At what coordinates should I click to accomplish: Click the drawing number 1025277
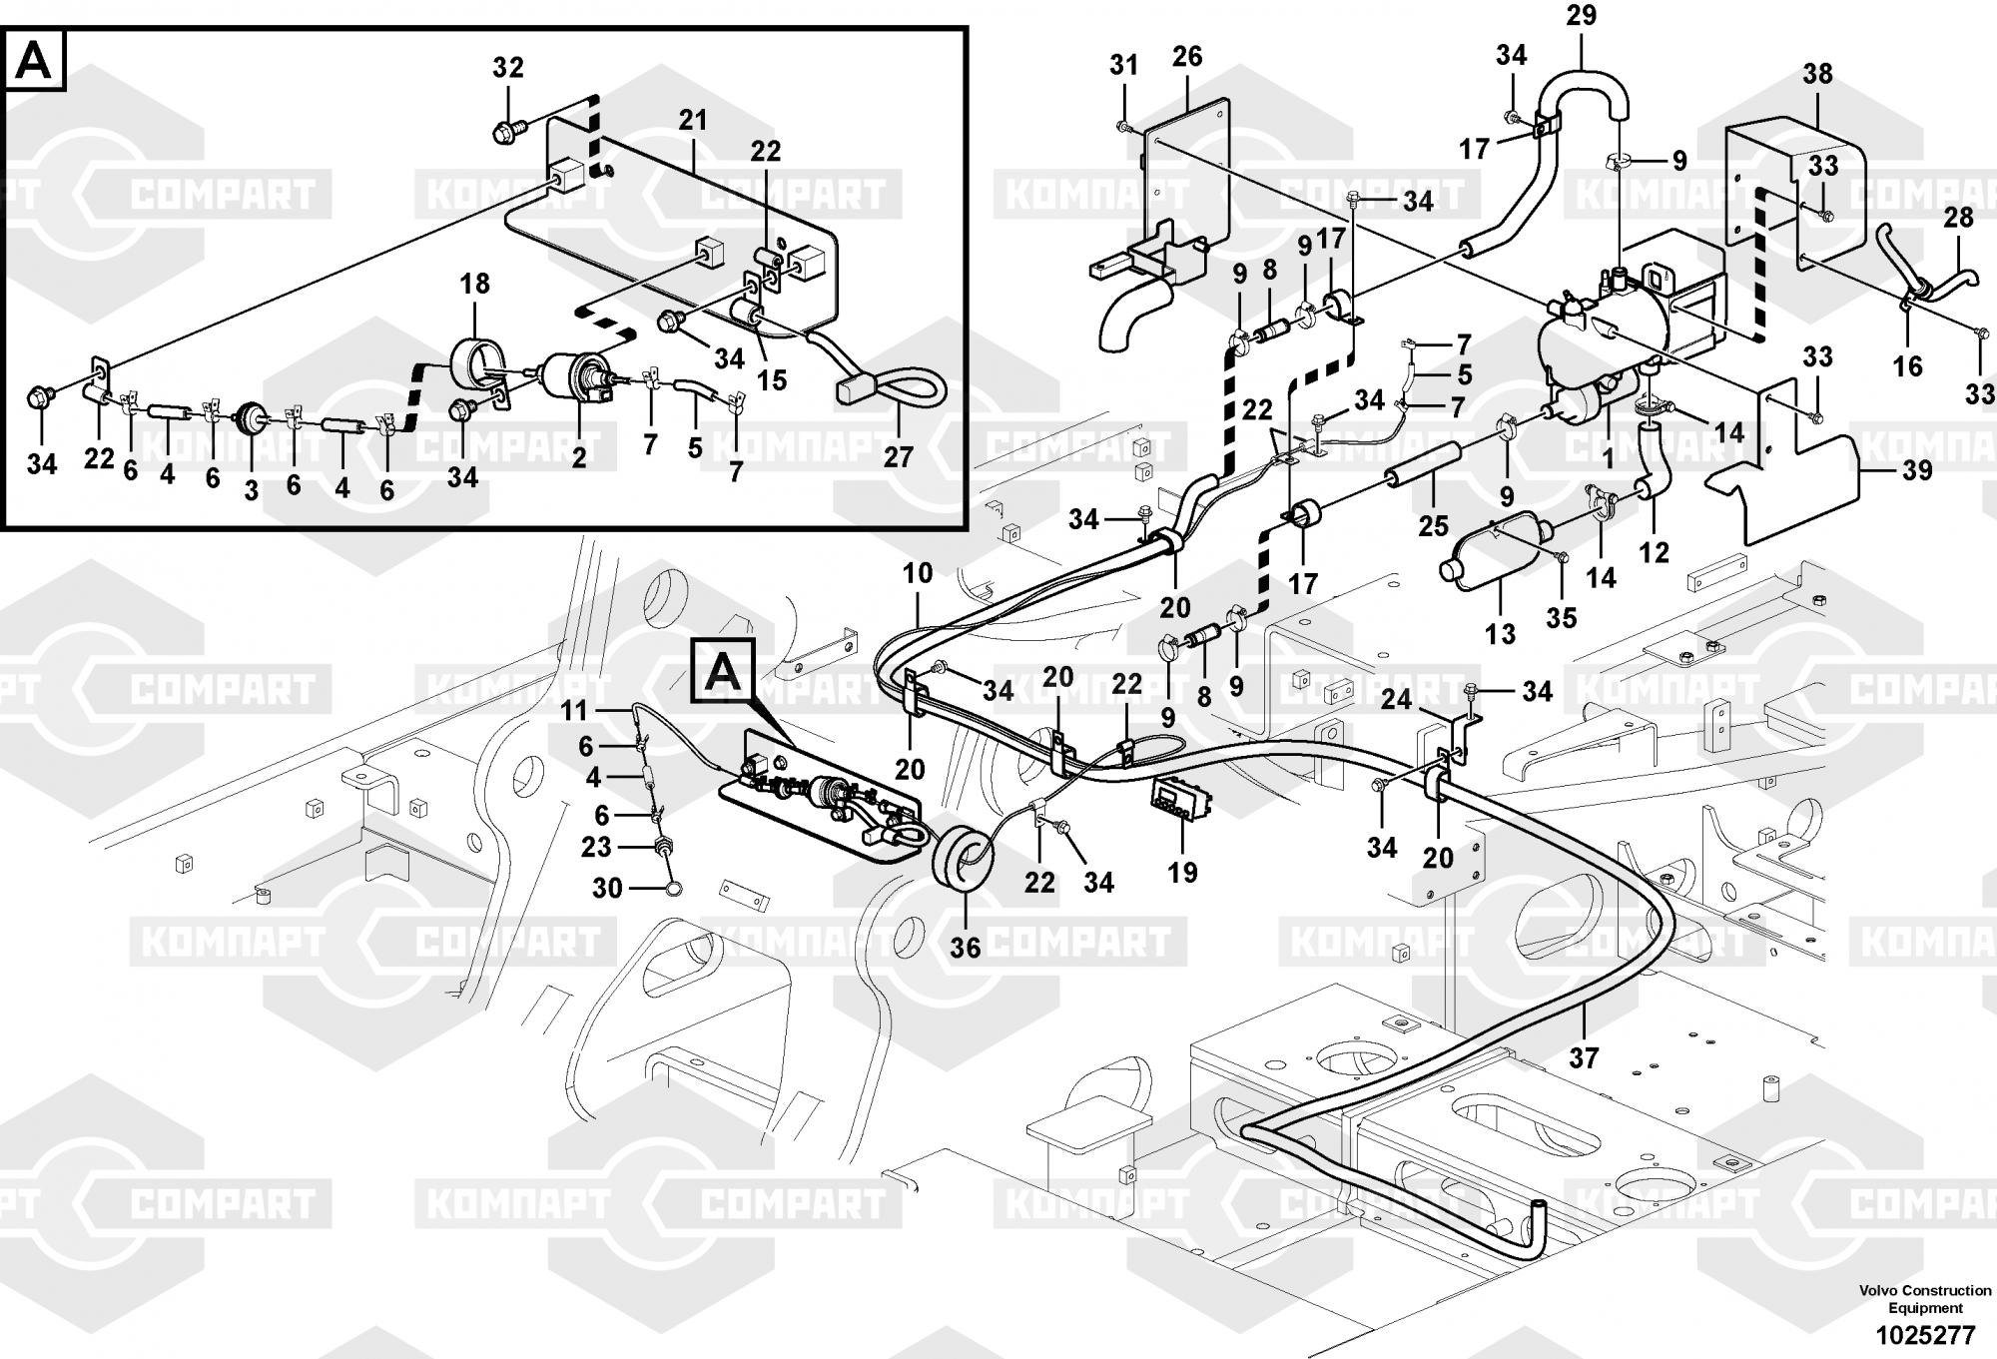[x=1925, y=1335]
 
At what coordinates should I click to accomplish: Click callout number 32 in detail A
[x=508, y=68]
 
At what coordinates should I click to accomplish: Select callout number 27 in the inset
[x=899, y=456]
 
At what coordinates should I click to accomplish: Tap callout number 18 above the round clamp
[x=474, y=284]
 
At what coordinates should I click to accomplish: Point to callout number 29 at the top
[x=1581, y=16]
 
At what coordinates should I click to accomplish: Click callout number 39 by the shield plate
[x=1916, y=469]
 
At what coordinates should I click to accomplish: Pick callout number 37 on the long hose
[x=1584, y=1057]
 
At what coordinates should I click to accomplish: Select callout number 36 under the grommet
[x=966, y=947]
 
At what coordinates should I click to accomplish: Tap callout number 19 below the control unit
[x=1182, y=873]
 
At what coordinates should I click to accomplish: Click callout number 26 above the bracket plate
[x=1187, y=57]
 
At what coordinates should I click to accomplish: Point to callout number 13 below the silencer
[x=1500, y=633]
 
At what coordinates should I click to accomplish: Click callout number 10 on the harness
[x=918, y=573]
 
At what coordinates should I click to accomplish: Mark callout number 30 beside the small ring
[x=607, y=888]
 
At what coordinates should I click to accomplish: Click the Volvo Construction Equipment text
[x=1925, y=1299]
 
